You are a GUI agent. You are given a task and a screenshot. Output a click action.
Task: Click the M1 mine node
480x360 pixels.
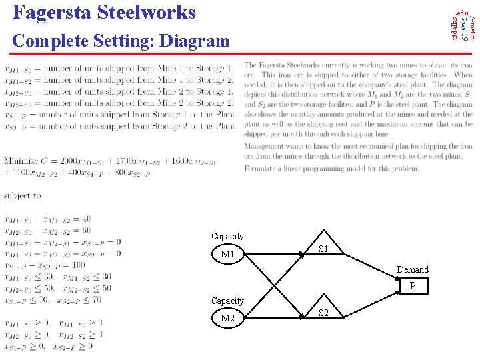(228, 254)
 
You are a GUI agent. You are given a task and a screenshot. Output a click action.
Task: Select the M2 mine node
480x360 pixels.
(228, 318)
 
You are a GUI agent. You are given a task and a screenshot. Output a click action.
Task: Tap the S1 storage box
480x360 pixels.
(323, 249)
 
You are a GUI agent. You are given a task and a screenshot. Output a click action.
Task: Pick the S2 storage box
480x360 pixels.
(323, 313)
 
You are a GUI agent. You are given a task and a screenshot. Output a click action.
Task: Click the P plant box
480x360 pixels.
(413, 286)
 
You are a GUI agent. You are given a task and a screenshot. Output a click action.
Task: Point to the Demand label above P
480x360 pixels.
(413, 269)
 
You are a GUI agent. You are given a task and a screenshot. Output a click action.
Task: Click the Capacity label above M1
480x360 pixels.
(227, 237)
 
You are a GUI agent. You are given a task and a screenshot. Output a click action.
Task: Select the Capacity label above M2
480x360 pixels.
(227, 301)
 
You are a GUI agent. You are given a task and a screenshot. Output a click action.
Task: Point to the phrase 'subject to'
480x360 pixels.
(22, 196)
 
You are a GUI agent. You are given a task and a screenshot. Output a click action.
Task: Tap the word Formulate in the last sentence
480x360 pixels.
(263, 169)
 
